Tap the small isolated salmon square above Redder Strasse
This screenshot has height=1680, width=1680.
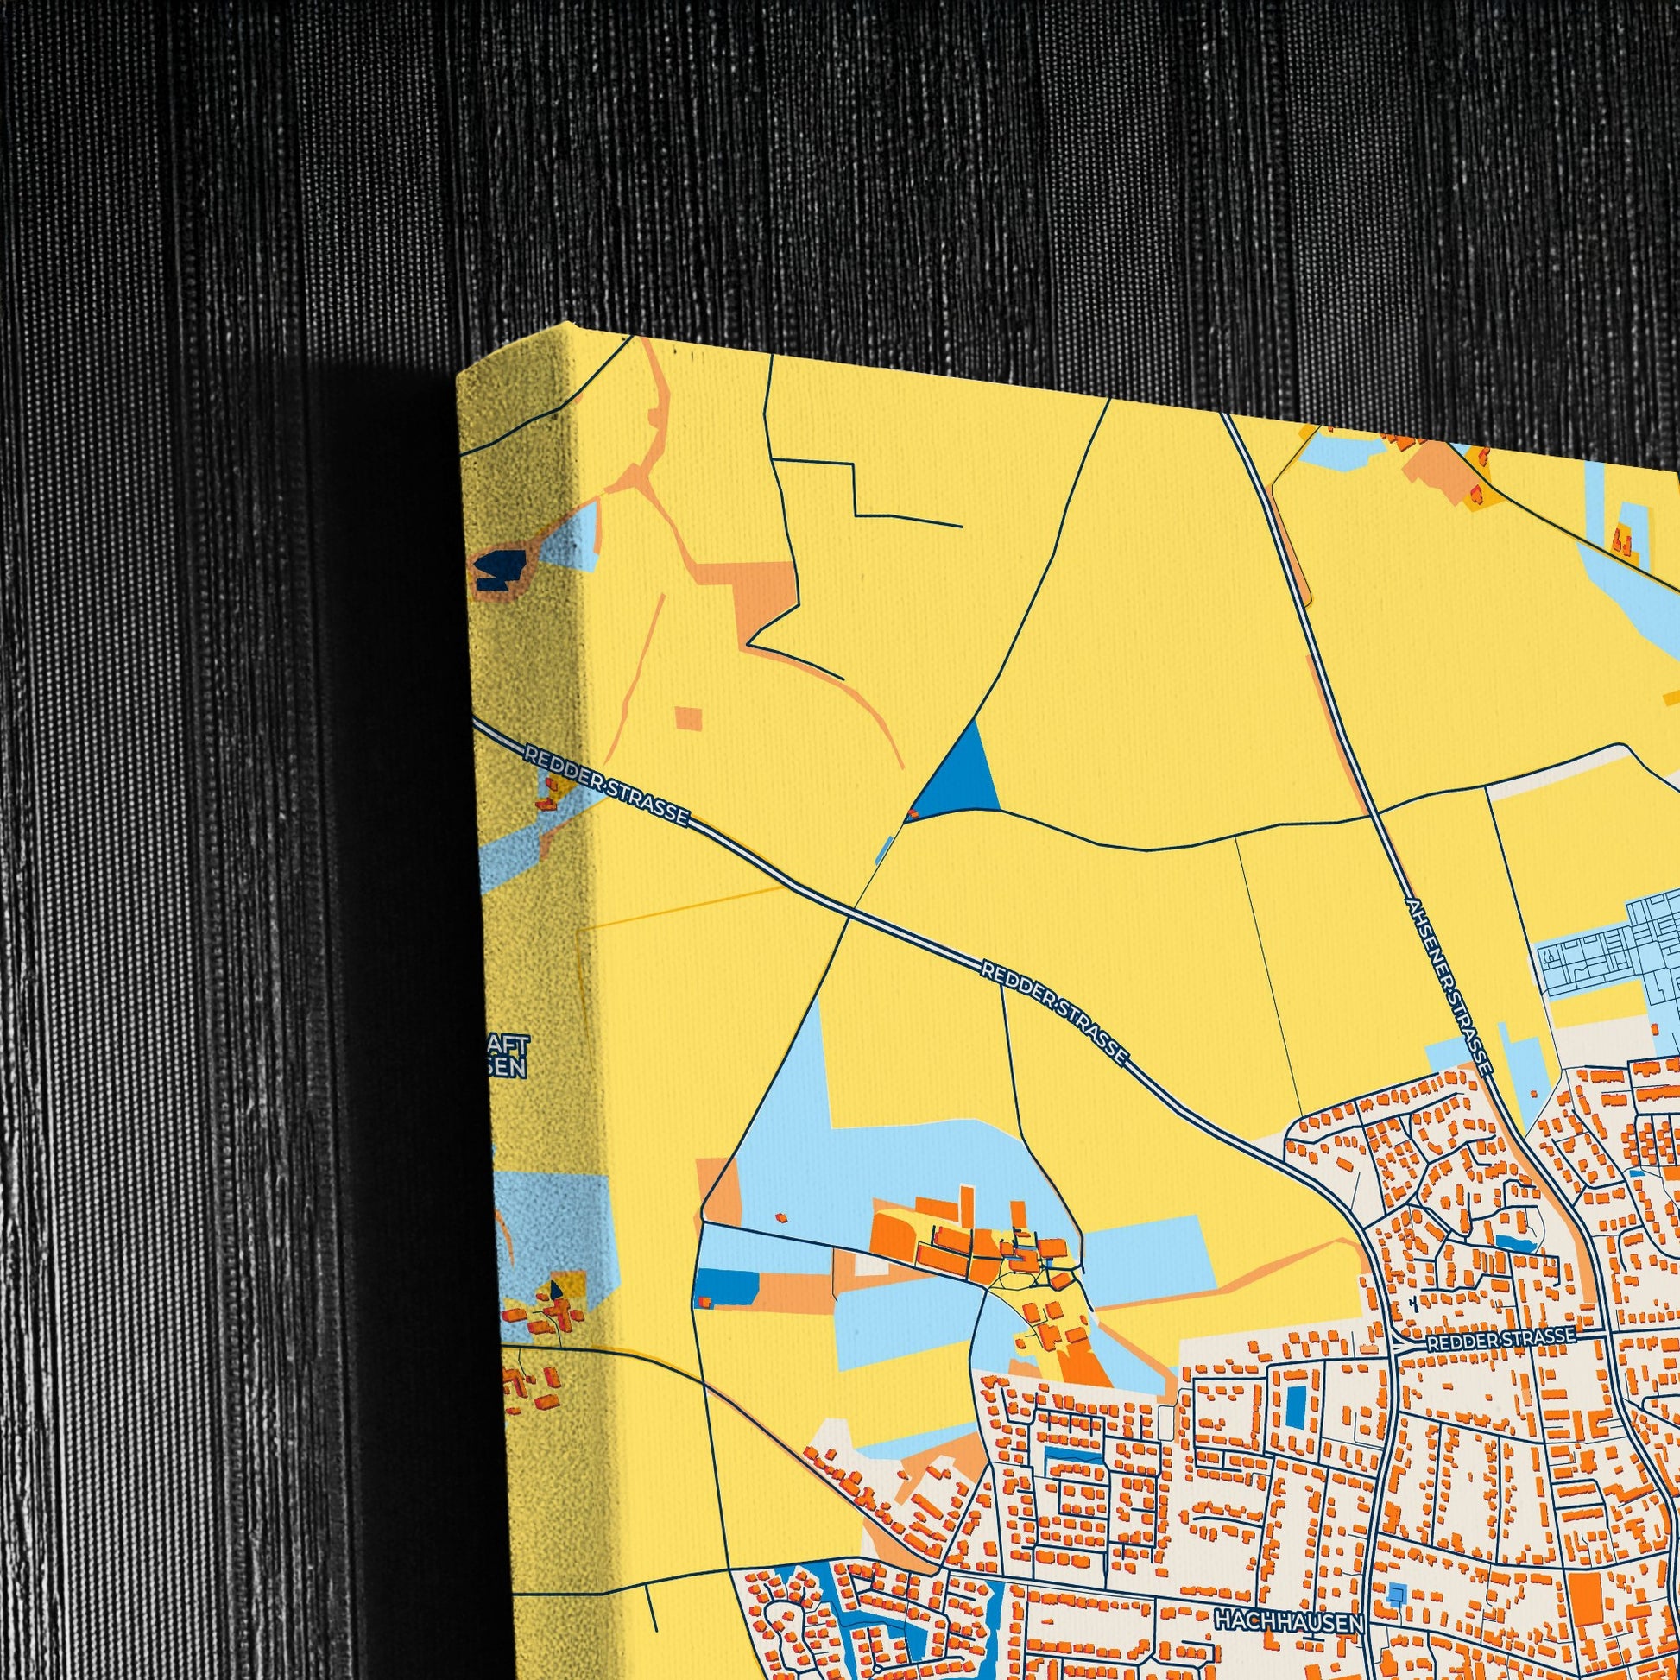click(689, 719)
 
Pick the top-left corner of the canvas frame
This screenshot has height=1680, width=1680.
click(458, 375)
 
